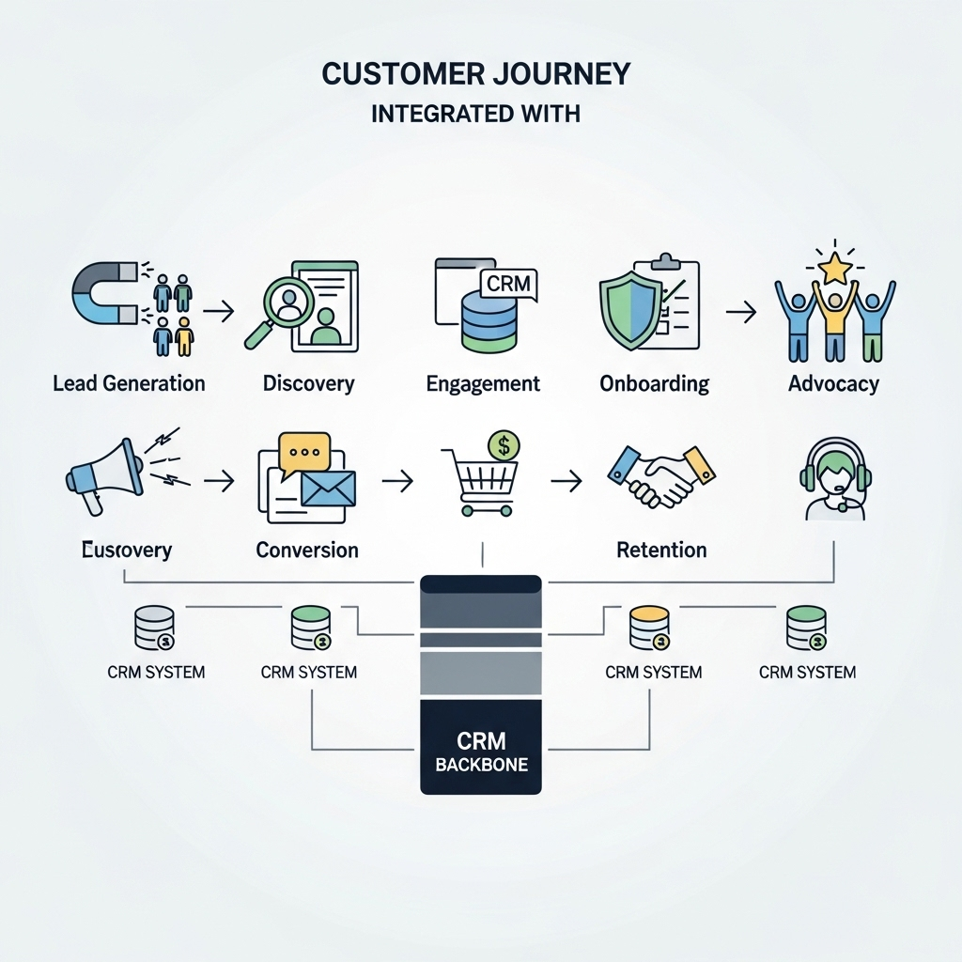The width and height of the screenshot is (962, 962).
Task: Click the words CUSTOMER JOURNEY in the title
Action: (x=475, y=75)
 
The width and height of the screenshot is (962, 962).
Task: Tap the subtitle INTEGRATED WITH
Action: (x=475, y=115)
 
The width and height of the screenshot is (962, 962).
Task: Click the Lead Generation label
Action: (x=129, y=383)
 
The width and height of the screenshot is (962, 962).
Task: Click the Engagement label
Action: (x=483, y=383)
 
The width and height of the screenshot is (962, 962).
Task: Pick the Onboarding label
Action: (x=654, y=383)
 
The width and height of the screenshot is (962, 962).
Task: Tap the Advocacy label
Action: (x=833, y=383)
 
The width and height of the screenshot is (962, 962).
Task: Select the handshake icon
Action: (x=661, y=473)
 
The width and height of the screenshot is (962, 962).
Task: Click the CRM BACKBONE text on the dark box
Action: (x=481, y=752)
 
